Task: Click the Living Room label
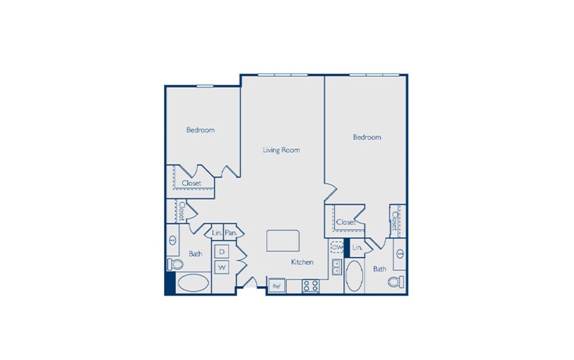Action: coord(281,150)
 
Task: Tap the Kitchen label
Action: coord(302,262)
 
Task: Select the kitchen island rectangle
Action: coord(282,240)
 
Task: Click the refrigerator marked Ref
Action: coord(276,286)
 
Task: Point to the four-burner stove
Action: coord(311,286)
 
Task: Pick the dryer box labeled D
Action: coord(221,251)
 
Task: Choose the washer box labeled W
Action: coord(221,267)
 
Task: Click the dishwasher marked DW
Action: coord(337,247)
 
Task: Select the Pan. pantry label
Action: coord(231,233)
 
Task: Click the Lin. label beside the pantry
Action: coord(217,233)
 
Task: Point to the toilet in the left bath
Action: coord(175,263)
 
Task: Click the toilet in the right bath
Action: coord(396,282)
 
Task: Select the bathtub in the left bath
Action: coord(193,283)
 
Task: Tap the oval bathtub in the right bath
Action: coord(354,277)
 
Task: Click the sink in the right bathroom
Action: coord(400,254)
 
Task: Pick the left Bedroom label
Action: coord(200,130)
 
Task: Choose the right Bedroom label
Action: coord(367,137)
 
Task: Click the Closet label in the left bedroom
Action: coord(192,183)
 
